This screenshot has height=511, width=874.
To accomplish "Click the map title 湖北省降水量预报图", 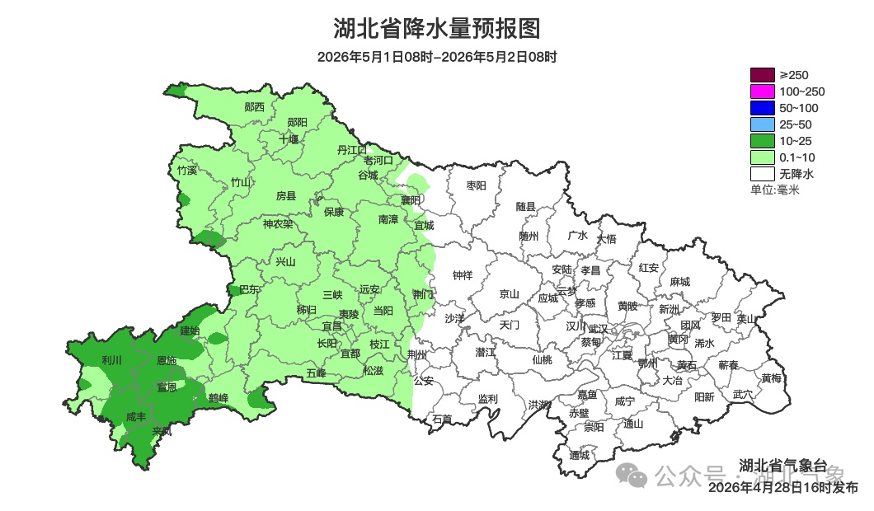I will (x=437, y=29).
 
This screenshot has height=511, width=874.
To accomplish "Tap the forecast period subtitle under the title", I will (x=437, y=57).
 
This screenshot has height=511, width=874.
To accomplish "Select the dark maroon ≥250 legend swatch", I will (x=762, y=75).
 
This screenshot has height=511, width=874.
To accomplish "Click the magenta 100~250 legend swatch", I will (x=762, y=91).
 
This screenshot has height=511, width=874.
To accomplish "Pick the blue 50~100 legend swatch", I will (x=762, y=108).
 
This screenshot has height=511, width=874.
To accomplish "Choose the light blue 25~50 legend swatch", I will (x=762, y=124).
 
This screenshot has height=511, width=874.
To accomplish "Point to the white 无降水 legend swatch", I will (x=762, y=174).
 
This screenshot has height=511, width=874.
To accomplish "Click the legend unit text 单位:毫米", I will (x=774, y=190).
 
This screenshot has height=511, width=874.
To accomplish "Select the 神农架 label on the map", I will (x=278, y=224).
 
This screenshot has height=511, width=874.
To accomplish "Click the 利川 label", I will (x=111, y=360).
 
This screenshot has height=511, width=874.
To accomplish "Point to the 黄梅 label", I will (x=772, y=378).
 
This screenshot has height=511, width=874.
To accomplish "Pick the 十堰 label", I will (x=289, y=139).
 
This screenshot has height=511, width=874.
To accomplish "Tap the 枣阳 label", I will (x=477, y=186).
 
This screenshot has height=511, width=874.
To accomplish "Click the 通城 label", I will (x=580, y=455).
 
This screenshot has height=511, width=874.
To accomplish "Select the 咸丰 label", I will (x=136, y=417).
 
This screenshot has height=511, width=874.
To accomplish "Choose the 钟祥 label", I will (x=463, y=276).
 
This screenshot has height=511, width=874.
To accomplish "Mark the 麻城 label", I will (x=679, y=282).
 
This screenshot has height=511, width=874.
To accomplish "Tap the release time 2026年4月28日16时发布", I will (x=782, y=488).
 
